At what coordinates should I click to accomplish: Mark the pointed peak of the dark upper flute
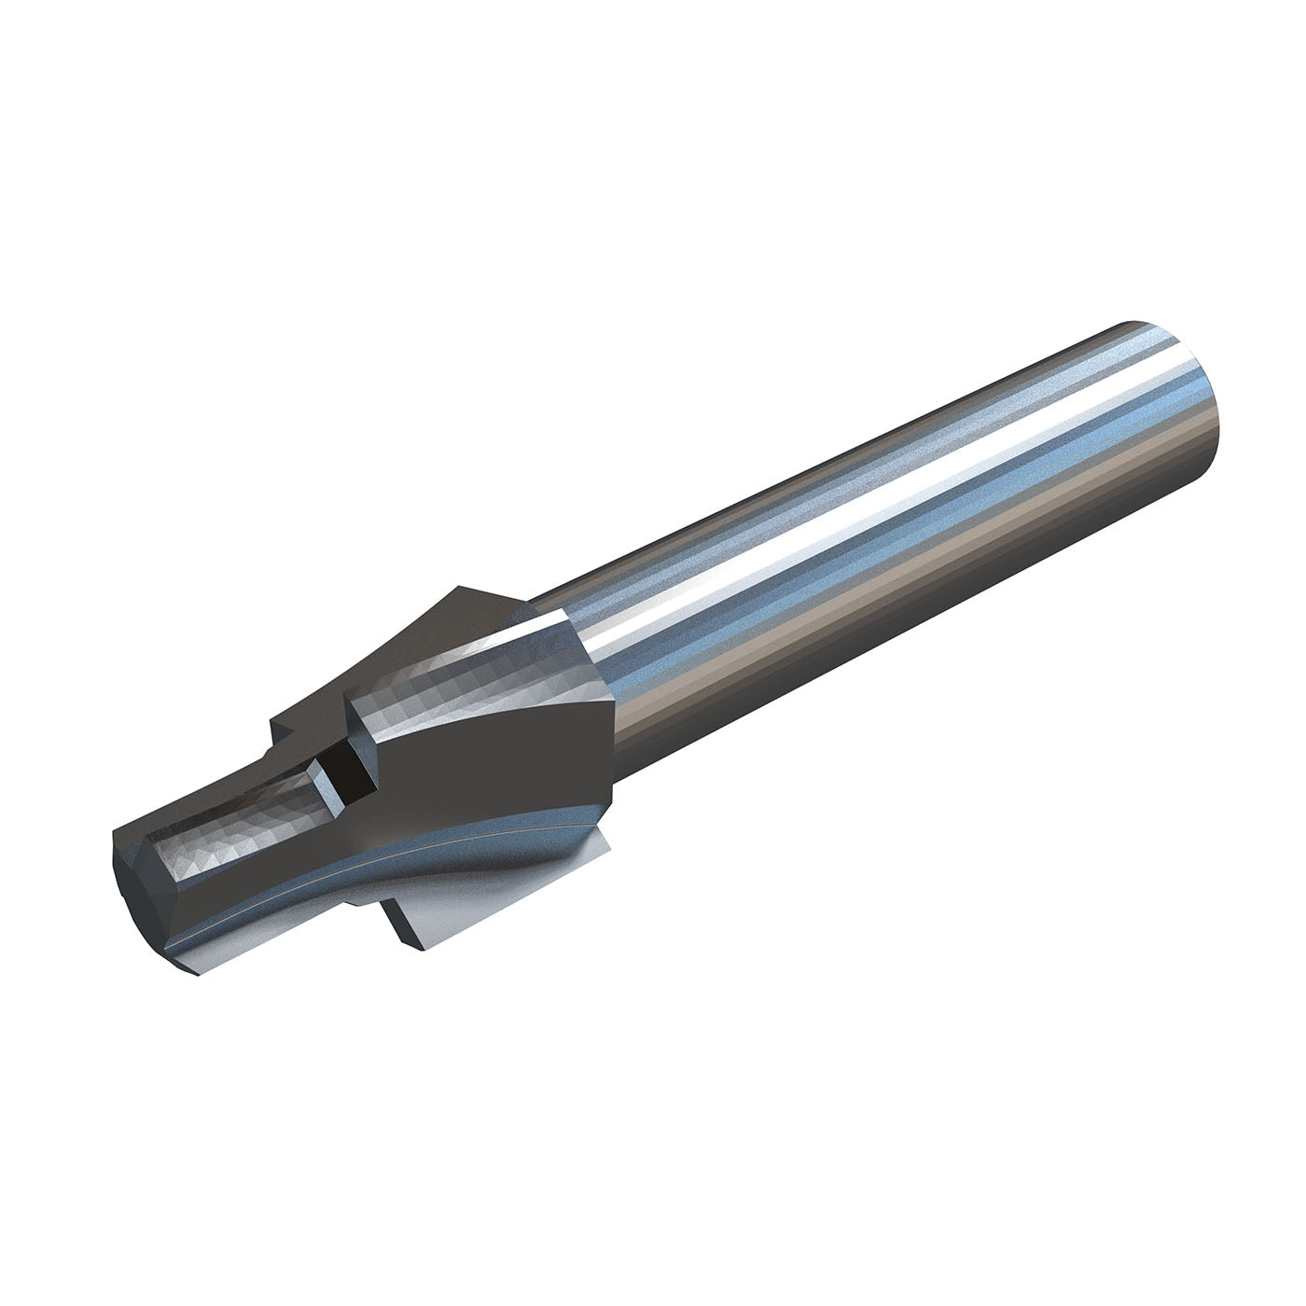459,590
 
